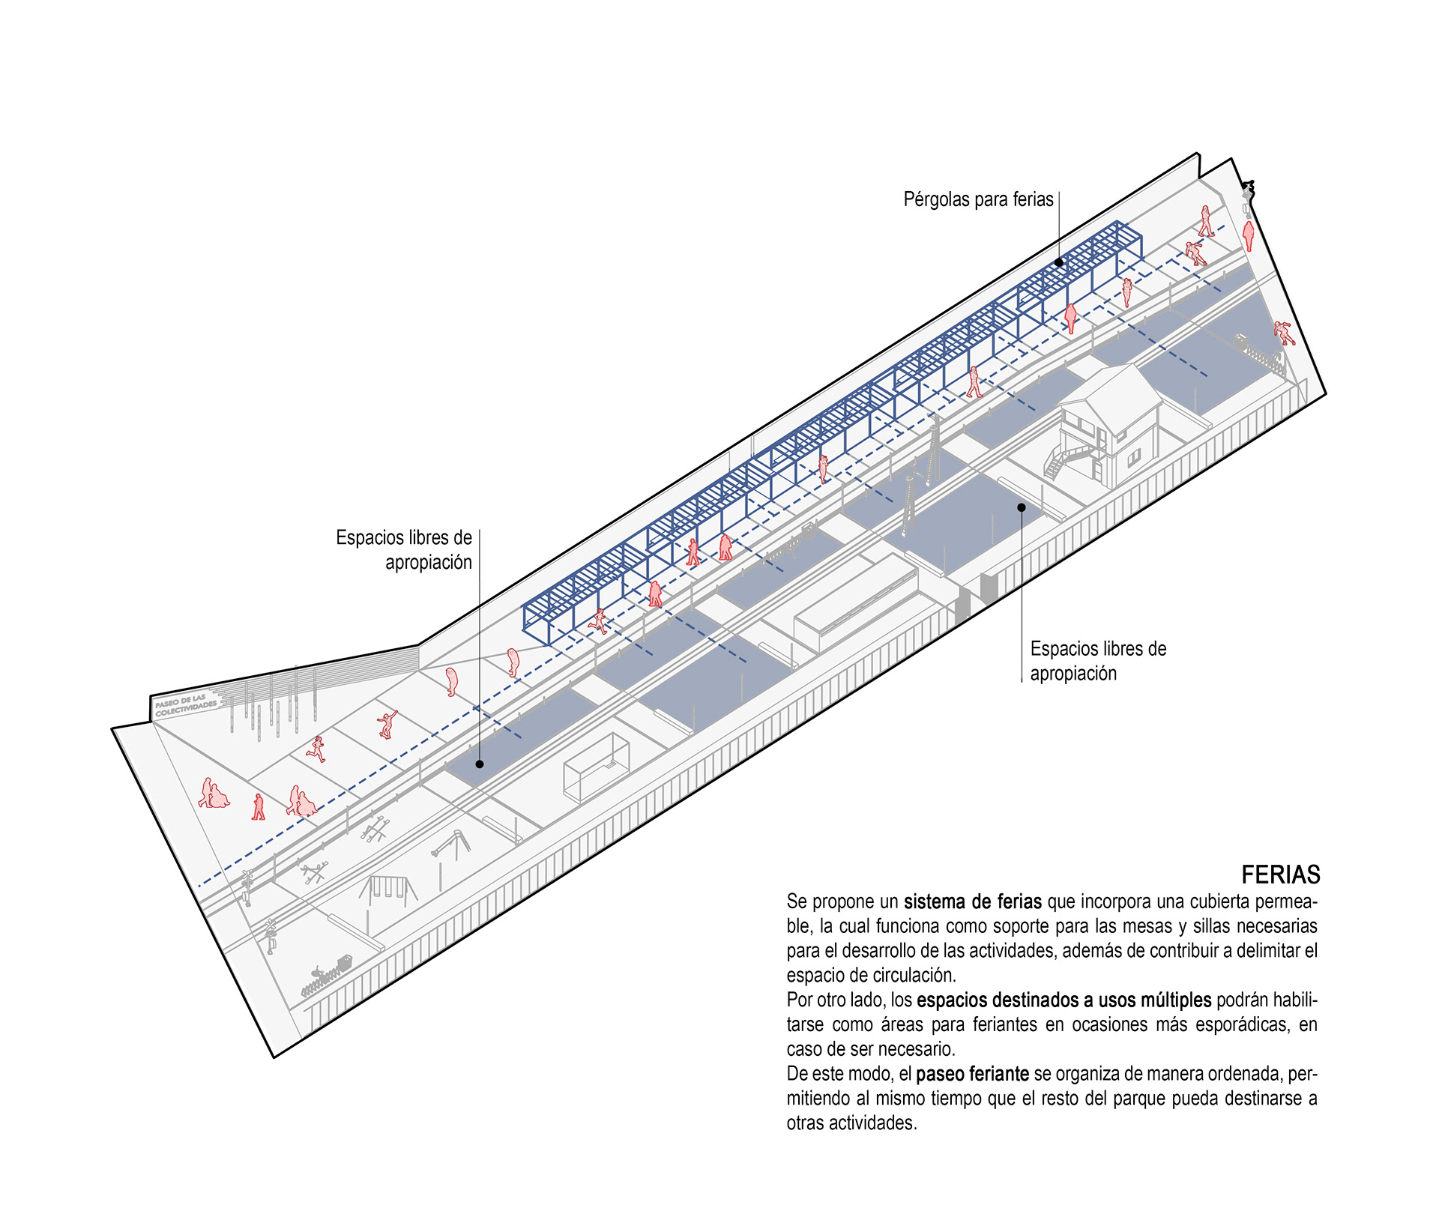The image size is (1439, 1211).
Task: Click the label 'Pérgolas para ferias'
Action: pos(978,199)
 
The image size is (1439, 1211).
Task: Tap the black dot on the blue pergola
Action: pos(1059,262)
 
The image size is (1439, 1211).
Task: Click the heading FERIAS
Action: pos(1281,875)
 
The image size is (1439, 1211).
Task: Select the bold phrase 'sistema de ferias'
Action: pos(972,902)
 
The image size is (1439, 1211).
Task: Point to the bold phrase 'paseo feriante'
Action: pos(972,1074)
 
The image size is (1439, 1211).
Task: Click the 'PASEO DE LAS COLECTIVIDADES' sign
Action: pos(186,705)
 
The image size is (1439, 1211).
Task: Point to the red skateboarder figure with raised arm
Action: pos(387,725)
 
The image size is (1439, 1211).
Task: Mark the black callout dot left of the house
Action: pos(1021,507)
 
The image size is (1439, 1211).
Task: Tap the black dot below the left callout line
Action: pos(480,764)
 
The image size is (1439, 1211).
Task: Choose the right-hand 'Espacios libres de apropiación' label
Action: pos(1098,660)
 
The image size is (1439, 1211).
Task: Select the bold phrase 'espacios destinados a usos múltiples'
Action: pos(1064,1000)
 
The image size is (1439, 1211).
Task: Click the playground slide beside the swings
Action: pos(451,847)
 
